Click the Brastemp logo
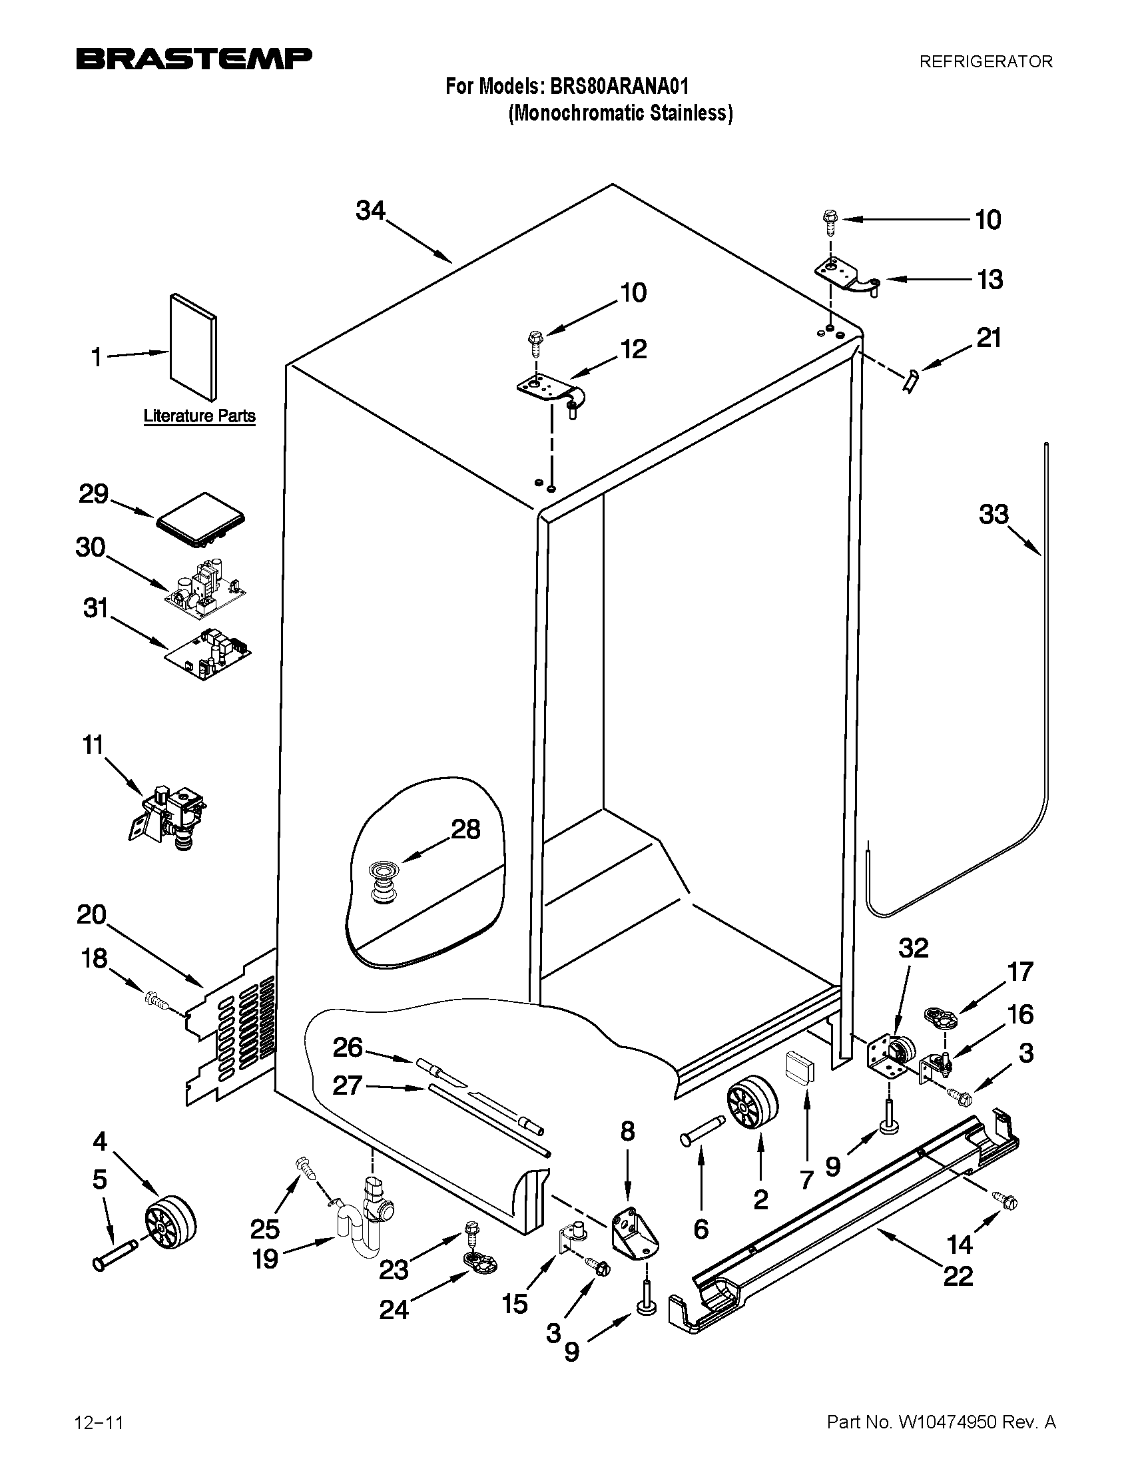pyautogui.click(x=194, y=59)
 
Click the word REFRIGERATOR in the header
pyautogui.click(x=985, y=62)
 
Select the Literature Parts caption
pyautogui.click(x=199, y=416)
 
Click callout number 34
pyautogui.click(x=370, y=211)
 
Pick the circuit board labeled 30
pyautogui.click(x=206, y=588)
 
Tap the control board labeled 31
pyautogui.click(x=209, y=654)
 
